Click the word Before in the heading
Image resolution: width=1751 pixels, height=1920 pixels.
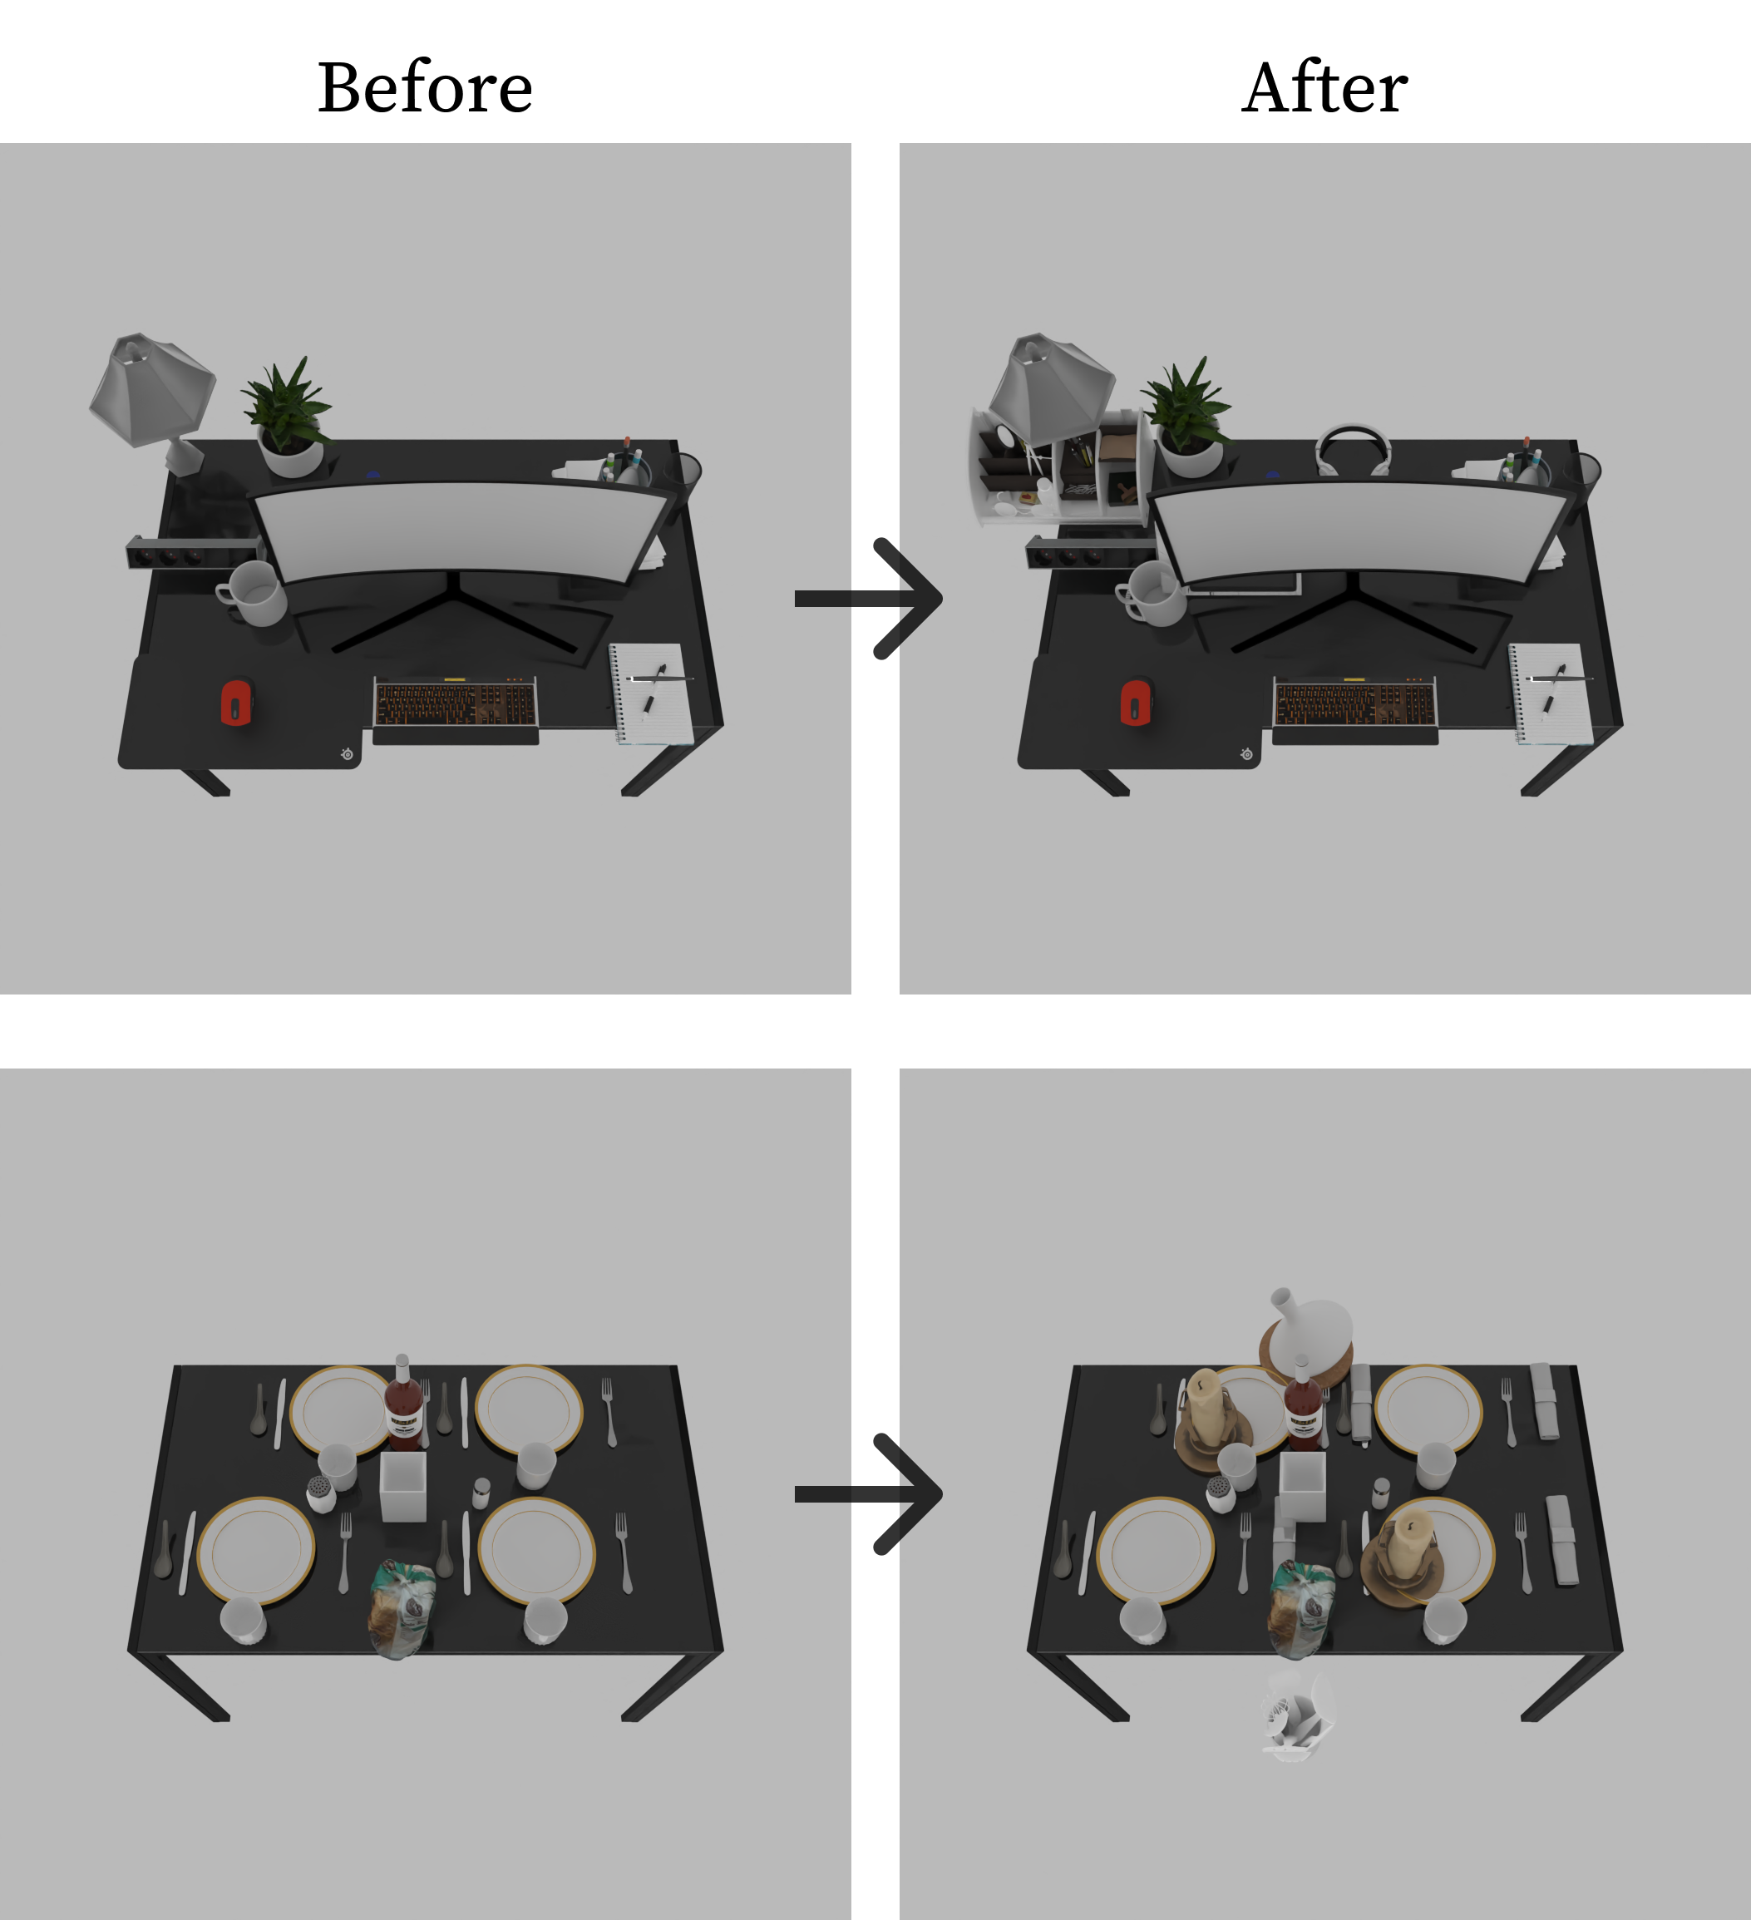tap(425, 87)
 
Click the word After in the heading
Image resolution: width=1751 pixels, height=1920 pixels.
tap(1324, 87)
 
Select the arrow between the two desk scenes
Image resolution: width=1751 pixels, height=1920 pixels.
tap(868, 598)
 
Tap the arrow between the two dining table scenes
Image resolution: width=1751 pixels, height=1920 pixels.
tap(868, 1493)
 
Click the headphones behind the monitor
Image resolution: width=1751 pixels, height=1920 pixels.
tap(1351, 447)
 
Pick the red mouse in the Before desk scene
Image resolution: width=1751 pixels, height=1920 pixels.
tap(236, 702)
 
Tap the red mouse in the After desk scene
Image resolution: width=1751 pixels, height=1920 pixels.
tap(1136, 702)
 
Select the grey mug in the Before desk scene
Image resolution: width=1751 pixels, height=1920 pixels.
tap(252, 594)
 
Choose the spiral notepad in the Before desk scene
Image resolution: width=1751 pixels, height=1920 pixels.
tap(650, 693)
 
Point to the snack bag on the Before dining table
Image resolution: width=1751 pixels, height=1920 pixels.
tap(402, 1608)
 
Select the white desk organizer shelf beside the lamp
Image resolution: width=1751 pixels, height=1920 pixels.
tap(1062, 466)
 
